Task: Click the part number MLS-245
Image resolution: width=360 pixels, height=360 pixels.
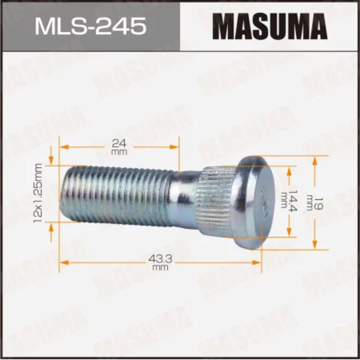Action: pos(90,26)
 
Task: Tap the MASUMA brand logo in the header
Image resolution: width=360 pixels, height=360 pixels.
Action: pos(270,26)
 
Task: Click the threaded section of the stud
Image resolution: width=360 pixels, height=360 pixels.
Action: pos(117,193)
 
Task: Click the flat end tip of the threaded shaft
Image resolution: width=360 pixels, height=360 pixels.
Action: pos(63,193)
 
